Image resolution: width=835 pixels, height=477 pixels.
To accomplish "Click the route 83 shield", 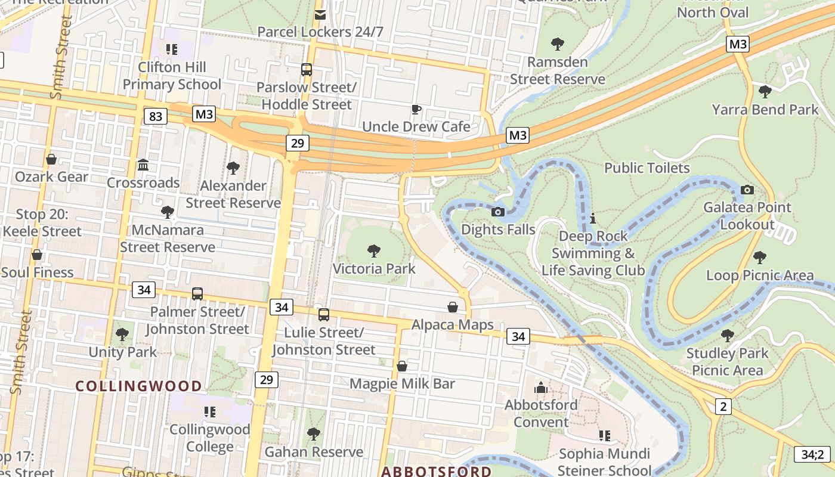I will click(x=155, y=116).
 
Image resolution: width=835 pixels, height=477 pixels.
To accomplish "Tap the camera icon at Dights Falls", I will click(x=498, y=212).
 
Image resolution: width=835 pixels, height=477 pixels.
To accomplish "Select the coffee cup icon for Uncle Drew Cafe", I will click(x=416, y=109).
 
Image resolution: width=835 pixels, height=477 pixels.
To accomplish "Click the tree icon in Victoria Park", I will click(x=374, y=250).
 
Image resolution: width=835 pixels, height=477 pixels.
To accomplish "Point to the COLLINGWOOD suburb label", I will click(x=139, y=386).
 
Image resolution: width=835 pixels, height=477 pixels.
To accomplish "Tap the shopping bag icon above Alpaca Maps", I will click(x=453, y=307).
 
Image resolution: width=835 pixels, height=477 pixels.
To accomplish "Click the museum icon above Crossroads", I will click(x=143, y=165).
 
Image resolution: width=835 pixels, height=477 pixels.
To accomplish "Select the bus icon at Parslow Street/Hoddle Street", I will click(x=307, y=69).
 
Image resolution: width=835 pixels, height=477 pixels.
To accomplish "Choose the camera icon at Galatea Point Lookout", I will click(x=747, y=190).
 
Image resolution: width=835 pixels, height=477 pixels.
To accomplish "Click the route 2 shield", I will click(x=723, y=407).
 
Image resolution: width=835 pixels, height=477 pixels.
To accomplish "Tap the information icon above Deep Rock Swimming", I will click(x=592, y=219).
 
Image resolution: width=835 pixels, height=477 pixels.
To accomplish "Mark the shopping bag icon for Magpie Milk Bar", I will click(x=402, y=366).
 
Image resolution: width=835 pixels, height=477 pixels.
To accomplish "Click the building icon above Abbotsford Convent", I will click(x=541, y=388).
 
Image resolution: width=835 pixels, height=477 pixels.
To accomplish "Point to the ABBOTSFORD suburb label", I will click(x=437, y=472).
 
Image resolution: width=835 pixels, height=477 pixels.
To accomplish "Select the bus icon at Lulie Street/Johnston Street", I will click(x=323, y=314).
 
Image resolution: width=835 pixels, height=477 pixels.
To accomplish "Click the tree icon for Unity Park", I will click(x=122, y=334).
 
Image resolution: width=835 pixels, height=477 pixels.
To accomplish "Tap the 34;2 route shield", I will click(x=812, y=454).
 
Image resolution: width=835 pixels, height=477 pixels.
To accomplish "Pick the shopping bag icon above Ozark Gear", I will click(x=51, y=159).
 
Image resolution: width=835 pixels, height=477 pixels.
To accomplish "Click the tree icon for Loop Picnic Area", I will click(x=759, y=257).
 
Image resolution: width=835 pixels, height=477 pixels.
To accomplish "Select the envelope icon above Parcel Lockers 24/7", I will click(x=320, y=14).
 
